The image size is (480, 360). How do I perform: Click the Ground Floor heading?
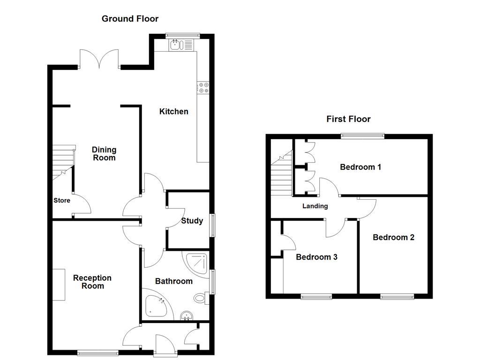pos(130,19)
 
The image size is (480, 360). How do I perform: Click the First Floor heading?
pos(348,119)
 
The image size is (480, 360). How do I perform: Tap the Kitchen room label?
pos(174,111)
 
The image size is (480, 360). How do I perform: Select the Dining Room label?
pos(104,154)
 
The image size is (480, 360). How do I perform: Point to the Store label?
pos(61,201)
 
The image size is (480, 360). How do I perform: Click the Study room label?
pos(192,221)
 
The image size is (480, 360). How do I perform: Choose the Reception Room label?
pos(92,282)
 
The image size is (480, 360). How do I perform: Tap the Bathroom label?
pos(174,281)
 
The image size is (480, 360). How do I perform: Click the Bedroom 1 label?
pos(360,167)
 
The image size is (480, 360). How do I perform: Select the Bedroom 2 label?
pos(393,237)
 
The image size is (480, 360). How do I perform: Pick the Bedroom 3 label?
pos(316,257)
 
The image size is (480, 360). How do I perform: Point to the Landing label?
pos(315,206)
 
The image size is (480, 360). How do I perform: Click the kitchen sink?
pos(177,45)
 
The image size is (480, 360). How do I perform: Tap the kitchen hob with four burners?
pos(204,88)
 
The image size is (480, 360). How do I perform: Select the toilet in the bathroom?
pos(200,297)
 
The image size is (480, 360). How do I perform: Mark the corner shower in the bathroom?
pos(196,264)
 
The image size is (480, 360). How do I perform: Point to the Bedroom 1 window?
pos(362,136)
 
